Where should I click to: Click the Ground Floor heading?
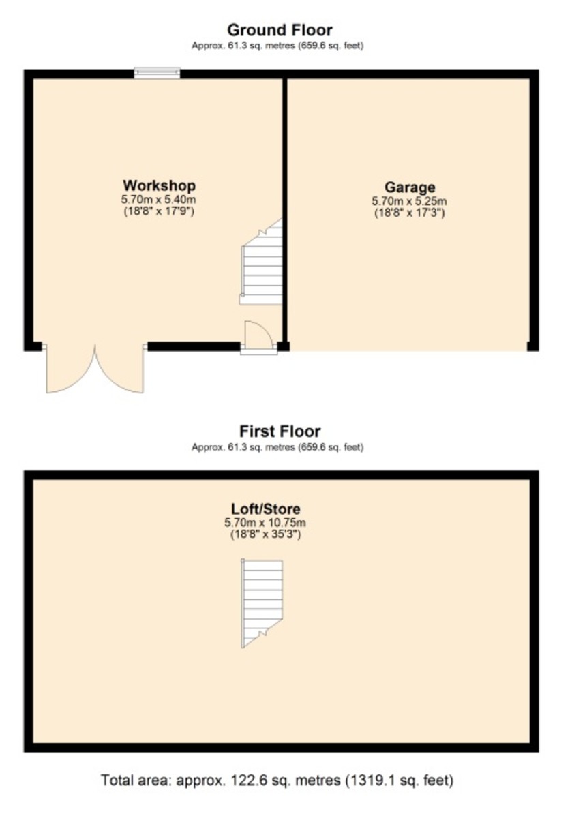coord(280,30)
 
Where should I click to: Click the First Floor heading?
coord(280,431)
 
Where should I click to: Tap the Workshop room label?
coord(159,185)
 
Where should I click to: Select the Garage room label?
coord(409,187)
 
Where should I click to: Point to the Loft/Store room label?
coord(265,509)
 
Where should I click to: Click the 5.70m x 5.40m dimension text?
coord(159,200)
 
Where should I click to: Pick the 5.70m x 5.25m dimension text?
coord(409,201)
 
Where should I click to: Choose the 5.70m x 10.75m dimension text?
coord(265,523)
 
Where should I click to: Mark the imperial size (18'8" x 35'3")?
coord(265,535)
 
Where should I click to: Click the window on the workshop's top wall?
coord(157,73)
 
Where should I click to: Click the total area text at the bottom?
coord(277,779)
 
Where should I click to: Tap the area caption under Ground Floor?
coord(277,46)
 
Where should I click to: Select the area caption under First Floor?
coord(277,448)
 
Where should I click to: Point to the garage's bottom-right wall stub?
coord(532,346)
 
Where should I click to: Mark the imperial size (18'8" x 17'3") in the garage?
coord(409,213)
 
